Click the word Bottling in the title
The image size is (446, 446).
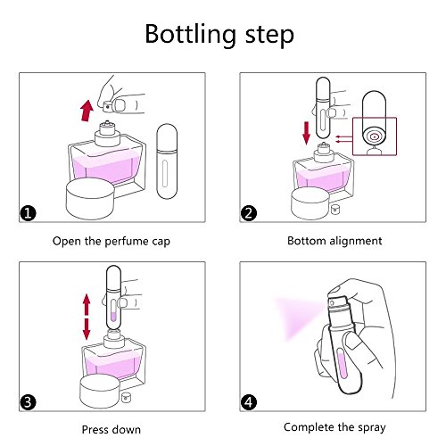(191, 35)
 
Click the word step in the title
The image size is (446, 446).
(269, 37)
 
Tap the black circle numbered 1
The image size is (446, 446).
(28, 213)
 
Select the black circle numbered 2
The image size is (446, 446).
(249, 213)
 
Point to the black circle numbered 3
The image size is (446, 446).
(28, 402)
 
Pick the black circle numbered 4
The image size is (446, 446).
(249, 402)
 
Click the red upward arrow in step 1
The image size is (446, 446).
(87, 111)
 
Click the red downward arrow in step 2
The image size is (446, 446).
(306, 134)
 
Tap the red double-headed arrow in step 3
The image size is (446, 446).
(87, 317)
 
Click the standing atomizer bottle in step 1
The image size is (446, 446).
(167, 161)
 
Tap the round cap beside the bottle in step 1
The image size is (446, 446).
(90, 199)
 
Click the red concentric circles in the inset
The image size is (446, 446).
(375, 136)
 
